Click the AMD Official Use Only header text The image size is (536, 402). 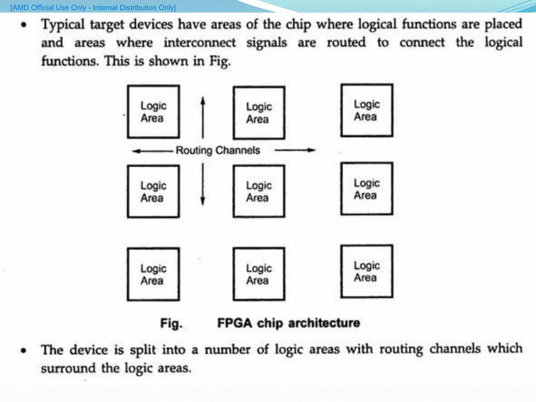point(93,8)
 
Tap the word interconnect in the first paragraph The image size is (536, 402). point(199,43)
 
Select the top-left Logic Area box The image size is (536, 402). point(153,112)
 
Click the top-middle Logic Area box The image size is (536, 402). point(259,113)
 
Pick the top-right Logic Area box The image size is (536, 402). point(366,110)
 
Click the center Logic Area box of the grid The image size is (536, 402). point(259,191)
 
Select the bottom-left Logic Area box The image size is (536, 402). point(153,274)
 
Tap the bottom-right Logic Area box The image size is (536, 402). point(366,271)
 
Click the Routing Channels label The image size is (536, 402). point(218,150)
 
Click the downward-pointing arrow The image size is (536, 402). point(203,184)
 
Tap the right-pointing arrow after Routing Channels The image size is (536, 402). point(295,150)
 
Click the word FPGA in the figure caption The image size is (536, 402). point(234,323)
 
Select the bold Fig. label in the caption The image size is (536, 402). point(171,323)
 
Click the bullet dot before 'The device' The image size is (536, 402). point(24,350)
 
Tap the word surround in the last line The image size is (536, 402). point(68,368)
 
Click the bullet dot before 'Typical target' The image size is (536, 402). point(24,25)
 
